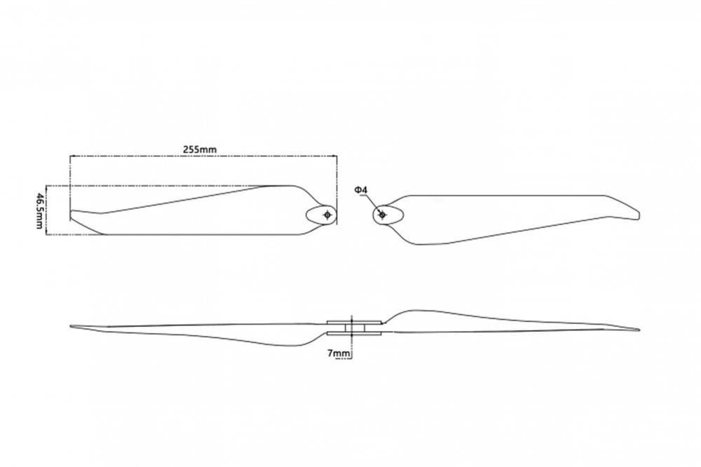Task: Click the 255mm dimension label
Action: coord(199,149)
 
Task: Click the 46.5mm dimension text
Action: coord(40,210)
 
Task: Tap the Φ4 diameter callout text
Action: coord(361,190)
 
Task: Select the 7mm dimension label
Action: coord(339,354)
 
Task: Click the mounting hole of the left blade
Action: coord(327,215)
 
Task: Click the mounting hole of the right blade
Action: coord(382,215)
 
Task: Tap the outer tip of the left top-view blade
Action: coord(71,215)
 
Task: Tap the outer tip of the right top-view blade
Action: coord(639,215)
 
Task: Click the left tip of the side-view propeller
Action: coord(71,326)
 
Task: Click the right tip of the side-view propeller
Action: coord(639,330)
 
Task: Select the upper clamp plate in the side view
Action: coord(355,322)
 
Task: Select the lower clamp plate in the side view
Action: coord(355,333)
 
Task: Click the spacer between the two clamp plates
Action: coord(355,328)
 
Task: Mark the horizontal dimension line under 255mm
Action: coord(203,156)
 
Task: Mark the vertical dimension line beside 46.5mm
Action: coord(47,210)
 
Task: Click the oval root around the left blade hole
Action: coord(307,215)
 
